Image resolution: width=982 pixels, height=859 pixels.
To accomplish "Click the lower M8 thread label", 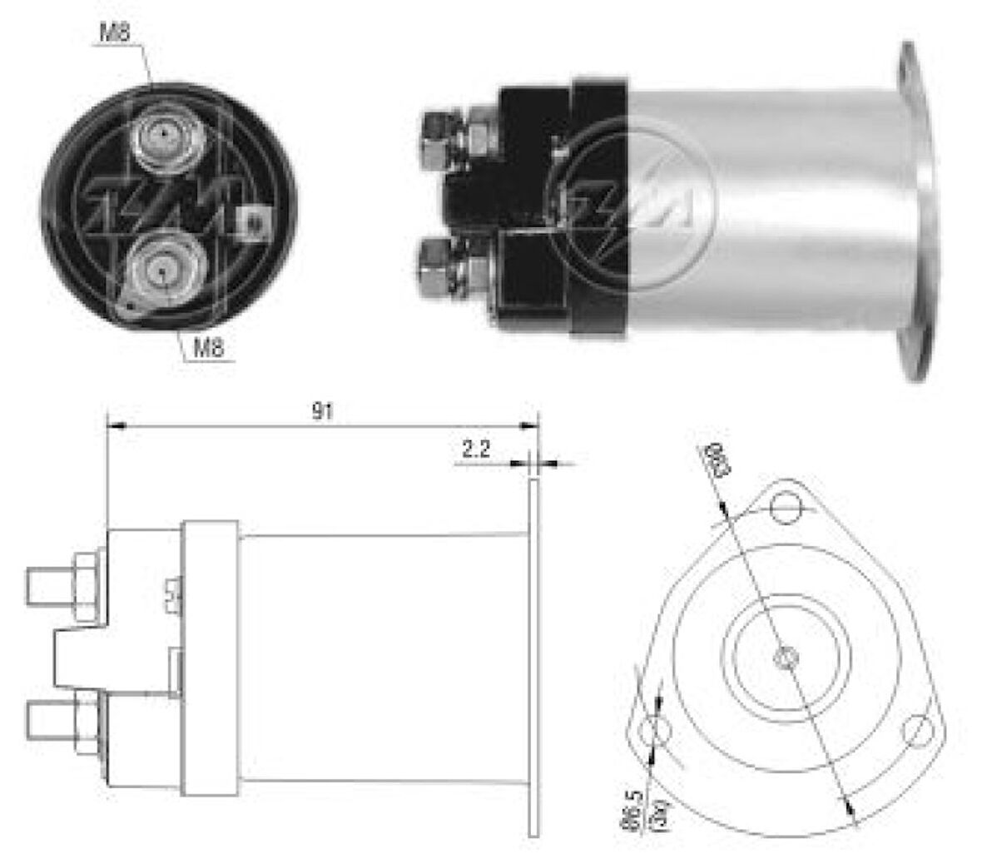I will [x=209, y=348].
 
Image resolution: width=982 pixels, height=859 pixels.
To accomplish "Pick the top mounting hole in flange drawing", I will [x=784, y=507].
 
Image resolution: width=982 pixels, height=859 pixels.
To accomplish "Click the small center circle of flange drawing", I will [x=784, y=659].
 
